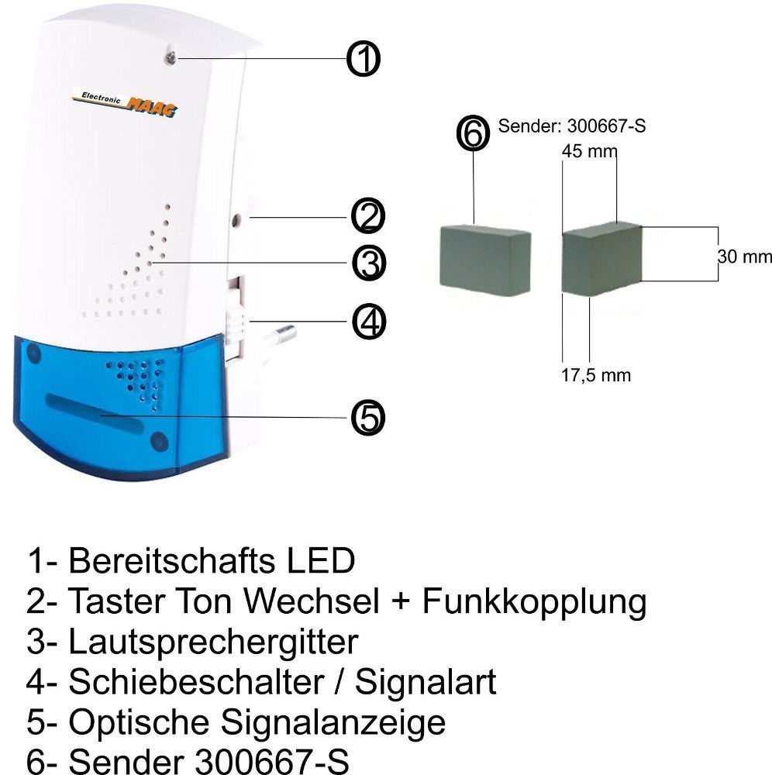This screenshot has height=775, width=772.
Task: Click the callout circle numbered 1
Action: [x=363, y=59]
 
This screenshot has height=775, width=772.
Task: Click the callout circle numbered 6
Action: [x=474, y=133]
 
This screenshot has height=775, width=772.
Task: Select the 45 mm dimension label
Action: [x=588, y=152]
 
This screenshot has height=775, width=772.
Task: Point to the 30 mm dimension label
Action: [x=745, y=257]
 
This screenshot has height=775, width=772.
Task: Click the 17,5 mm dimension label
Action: [x=595, y=376]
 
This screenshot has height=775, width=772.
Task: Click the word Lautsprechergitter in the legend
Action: [x=213, y=642]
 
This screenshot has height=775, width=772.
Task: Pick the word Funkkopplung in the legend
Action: [x=534, y=601]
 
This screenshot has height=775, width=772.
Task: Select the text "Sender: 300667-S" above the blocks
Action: [x=572, y=126]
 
